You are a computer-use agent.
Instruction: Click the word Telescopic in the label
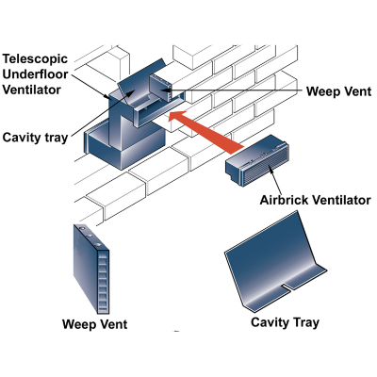coord(35,59)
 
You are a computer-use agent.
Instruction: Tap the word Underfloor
coord(35,74)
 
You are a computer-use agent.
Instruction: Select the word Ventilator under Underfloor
coord(31,90)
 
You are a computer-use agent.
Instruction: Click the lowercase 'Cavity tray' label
coord(35,138)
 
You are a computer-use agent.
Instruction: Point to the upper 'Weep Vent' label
coord(338,91)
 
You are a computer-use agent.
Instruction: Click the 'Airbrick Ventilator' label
coord(315,200)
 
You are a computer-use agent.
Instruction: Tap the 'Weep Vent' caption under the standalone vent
coord(95,324)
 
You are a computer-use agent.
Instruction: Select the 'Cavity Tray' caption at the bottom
coord(285,322)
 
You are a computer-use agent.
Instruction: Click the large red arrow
coord(205,132)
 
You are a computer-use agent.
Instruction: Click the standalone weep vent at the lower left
coord(91,269)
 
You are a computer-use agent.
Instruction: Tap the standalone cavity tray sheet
coord(276,262)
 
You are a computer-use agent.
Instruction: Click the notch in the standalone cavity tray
coord(287,287)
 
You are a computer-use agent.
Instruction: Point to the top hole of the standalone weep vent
coord(82,227)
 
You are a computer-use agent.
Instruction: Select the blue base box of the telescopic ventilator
coord(124,146)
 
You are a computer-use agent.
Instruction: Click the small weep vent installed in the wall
coord(160,88)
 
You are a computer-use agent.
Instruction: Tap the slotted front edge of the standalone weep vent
coord(104,282)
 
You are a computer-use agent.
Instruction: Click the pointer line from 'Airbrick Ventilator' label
coord(276,181)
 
